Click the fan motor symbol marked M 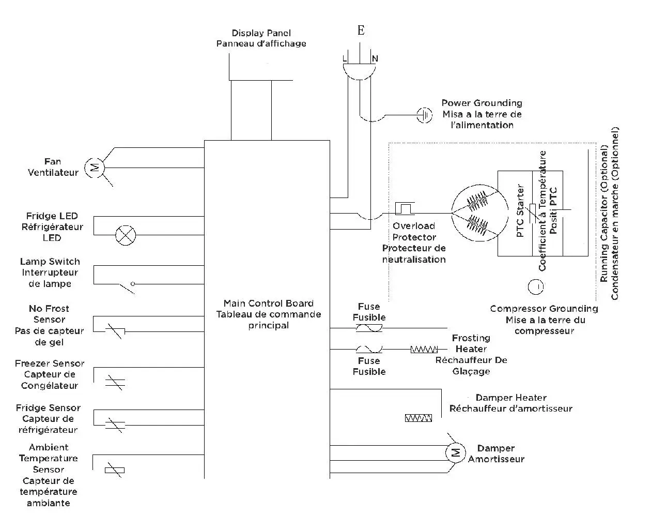click(x=95, y=168)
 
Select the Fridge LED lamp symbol click(x=125, y=235)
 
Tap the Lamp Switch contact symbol click(x=127, y=286)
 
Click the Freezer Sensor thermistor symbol click(x=115, y=383)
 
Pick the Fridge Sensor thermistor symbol click(x=115, y=425)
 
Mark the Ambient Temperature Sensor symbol click(x=114, y=470)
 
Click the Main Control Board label click(x=268, y=314)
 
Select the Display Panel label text click(x=261, y=38)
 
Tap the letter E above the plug click(x=361, y=31)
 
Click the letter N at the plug click(x=375, y=59)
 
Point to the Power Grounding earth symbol click(x=424, y=115)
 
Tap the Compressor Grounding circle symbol click(x=536, y=286)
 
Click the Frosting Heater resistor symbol click(x=424, y=350)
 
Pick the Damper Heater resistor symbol click(x=419, y=418)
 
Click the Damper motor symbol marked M click(x=455, y=453)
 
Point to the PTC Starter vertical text click(x=520, y=211)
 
